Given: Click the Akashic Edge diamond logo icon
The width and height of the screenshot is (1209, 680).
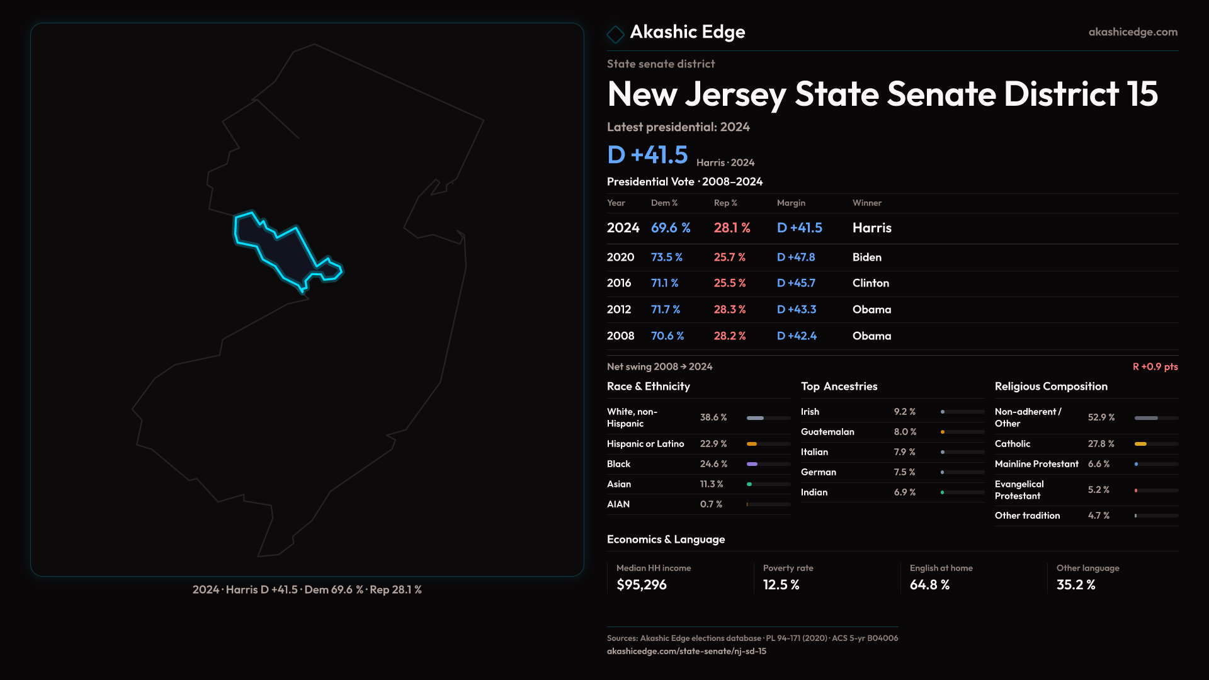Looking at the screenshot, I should (x=615, y=34).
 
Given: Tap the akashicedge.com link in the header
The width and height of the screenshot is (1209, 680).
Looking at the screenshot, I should (x=1133, y=32).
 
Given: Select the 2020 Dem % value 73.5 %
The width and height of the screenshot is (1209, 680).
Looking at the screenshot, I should (x=666, y=258).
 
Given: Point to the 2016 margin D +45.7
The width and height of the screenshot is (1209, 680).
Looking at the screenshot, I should (x=796, y=283).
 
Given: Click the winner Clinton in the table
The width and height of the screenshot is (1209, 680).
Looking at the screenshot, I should (x=870, y=283).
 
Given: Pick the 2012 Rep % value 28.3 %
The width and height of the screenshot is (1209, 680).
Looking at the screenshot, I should (x=729, y=310).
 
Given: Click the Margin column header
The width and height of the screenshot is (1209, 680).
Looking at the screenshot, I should (x=791, y=203).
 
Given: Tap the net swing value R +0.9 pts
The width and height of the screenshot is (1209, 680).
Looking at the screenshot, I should (x=1155, y=366).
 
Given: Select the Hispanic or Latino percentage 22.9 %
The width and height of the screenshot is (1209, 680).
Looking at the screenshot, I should (x=713, y=444).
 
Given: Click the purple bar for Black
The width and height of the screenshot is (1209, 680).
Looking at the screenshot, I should (x=752, y=464).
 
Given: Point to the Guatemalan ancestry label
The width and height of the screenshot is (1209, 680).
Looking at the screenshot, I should (x=827, y=432).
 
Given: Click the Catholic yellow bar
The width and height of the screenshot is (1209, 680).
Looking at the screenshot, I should (x=1140, y=444).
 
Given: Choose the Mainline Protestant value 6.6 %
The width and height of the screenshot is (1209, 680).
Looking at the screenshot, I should (x=1098, y=464).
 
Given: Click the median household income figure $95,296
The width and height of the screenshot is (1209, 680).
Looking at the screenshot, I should (x=641, y=585).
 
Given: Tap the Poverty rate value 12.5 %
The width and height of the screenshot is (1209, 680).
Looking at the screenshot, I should (x=781, y=585).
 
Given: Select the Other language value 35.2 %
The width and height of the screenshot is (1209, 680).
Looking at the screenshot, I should (x=1076, y=585).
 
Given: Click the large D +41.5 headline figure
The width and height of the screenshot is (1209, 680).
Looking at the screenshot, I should (x=647, y=155).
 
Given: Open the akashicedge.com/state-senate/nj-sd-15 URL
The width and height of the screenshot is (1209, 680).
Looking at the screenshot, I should (x=686, y=651).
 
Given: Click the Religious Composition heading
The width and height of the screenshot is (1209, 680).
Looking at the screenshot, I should (x=1051, y=387).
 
